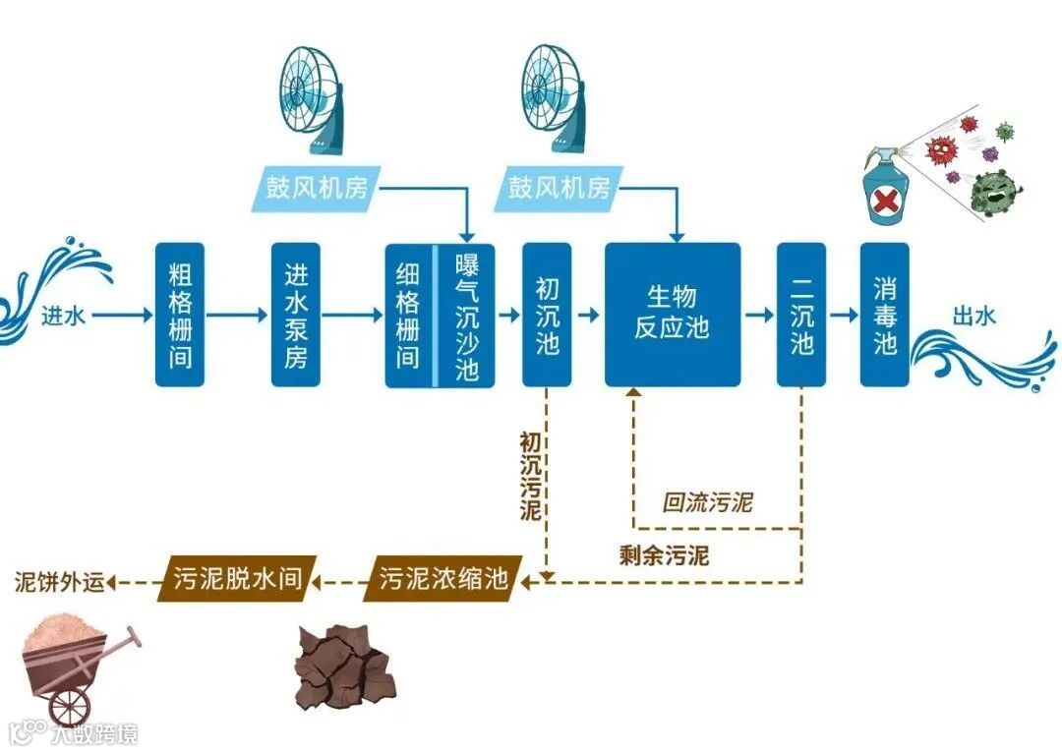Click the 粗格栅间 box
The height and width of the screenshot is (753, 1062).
tap(179, 315)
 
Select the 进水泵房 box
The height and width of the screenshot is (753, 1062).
tap(295, 315)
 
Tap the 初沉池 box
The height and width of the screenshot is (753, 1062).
tap(547, 315)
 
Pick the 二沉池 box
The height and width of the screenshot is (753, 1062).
tap(801, 315)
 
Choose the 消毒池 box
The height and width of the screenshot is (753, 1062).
tap(885, 315)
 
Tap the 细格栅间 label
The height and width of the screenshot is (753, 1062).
tap(409, 315)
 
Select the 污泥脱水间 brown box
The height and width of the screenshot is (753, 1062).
tap(237, 577)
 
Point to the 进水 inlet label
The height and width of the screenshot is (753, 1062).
tap(63, 317)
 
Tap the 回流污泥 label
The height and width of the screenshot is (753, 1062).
tap(707, 502)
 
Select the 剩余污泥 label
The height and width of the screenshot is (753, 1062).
tap(664, 554)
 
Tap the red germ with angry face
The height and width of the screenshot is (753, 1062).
tap(942, 149)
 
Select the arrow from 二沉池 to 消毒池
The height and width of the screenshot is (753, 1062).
tap(844, 316)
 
